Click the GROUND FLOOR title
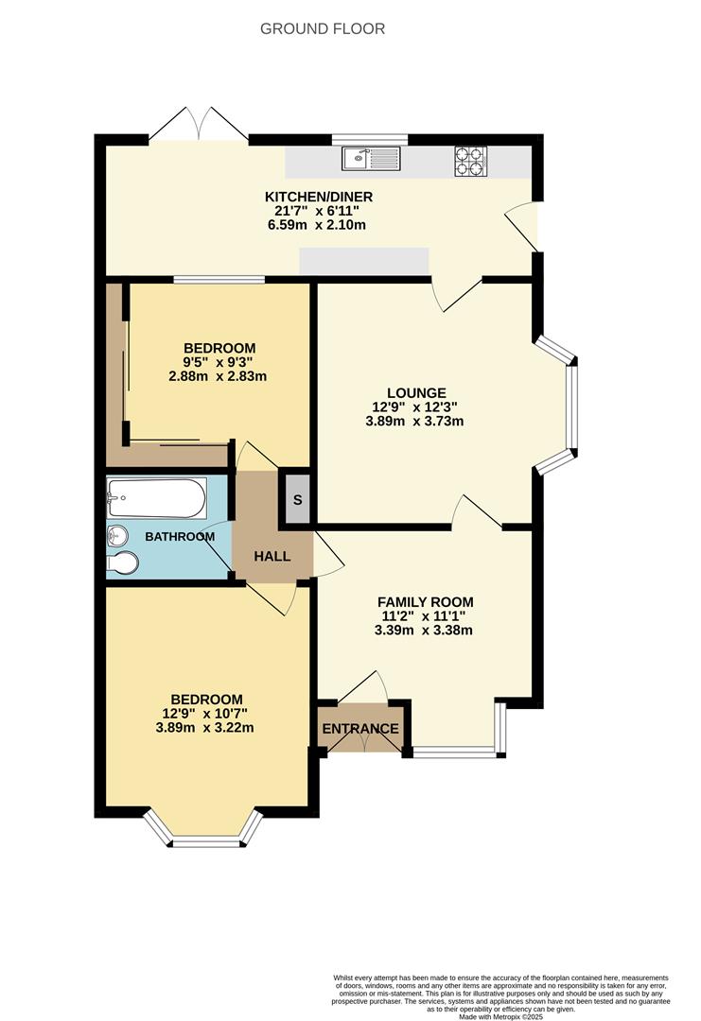(x=323, y=29)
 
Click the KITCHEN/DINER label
(x=318, y=197)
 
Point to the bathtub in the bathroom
(x=157, y=498)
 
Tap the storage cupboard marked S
(x=297, y=498)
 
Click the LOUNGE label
(x=415, y=393)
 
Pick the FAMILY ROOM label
(x=425, y=602)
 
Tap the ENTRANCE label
(x=360, y=729)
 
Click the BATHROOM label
(x=180, y=537)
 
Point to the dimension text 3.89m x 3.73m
(x=414, y=422)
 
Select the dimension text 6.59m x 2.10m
(x=318, y=225)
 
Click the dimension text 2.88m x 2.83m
(x=218, y=376)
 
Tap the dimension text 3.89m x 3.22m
(x=206, y=728)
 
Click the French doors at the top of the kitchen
(x=198, y=127)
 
